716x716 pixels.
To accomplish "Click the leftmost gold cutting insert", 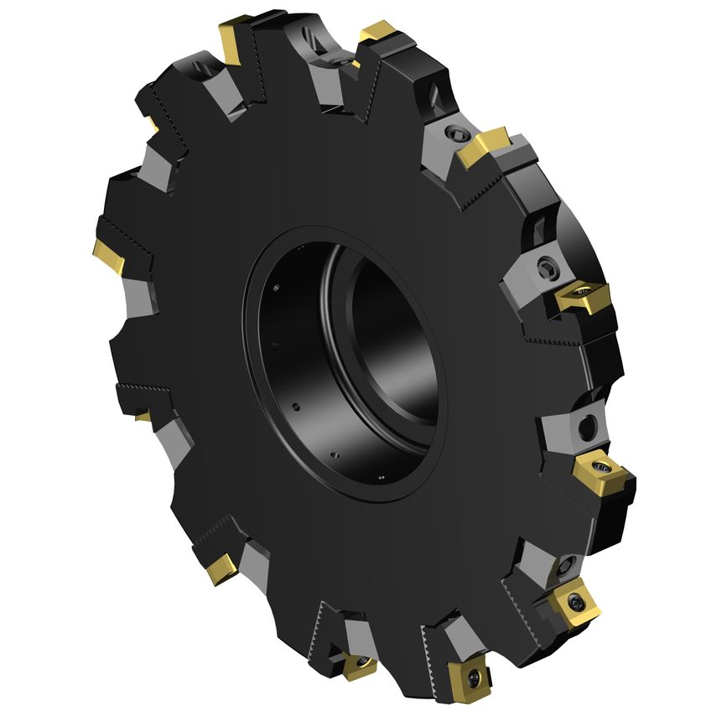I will coord(108,255).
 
